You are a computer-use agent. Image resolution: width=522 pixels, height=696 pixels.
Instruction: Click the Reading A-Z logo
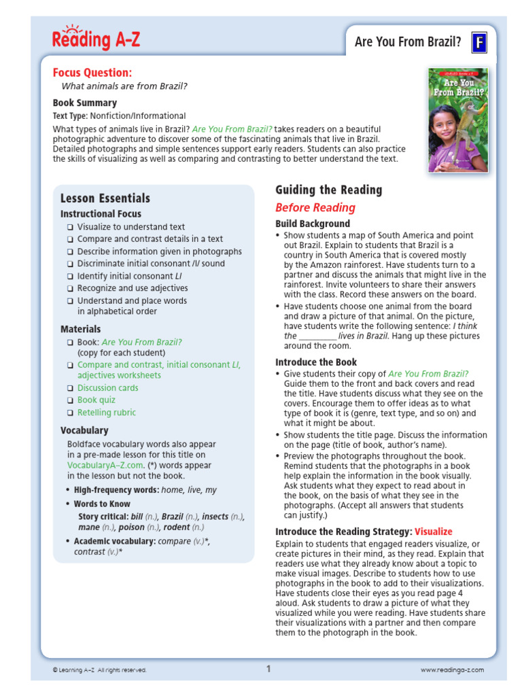[x=96, y=39]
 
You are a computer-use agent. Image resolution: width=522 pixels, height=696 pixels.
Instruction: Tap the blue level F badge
[x=480, y=43]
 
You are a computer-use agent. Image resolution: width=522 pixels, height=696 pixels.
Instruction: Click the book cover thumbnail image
[x=457, y=120]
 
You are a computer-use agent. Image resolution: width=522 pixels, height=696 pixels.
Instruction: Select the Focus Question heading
[x=92, y=73]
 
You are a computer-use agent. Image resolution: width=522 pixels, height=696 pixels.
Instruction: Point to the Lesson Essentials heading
[x=105, y=198]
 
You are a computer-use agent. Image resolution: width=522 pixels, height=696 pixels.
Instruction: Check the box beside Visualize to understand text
[x=69, y=227]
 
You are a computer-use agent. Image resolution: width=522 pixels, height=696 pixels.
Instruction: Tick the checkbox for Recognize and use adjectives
[x=69, y=288]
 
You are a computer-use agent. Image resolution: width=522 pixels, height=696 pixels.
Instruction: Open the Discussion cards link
[x=107, y=388]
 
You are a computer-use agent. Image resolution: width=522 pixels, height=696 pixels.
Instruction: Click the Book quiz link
[x=97, y=400]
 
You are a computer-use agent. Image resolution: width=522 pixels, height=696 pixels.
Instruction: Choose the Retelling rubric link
[x=107, y=413]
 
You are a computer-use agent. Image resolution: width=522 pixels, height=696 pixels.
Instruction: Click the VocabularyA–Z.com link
[x=105, y=466]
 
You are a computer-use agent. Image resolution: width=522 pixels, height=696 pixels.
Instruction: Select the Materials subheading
[x=80, y=329]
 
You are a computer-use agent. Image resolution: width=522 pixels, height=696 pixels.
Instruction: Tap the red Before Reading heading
[x=315, y=208]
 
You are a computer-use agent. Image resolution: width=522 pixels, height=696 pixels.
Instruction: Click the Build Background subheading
[x=313, y=224]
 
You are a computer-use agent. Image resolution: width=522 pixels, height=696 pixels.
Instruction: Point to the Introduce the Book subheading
[x=316, y=362]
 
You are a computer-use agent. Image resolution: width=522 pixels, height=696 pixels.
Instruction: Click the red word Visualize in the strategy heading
[x=433, y=532]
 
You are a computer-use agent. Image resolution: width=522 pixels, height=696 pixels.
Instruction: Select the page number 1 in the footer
[x=268, y=669]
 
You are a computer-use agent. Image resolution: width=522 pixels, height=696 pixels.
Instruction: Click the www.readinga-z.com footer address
[x=452, y=670]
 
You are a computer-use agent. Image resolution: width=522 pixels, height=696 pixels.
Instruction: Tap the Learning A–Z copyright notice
[x=99, y=670]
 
